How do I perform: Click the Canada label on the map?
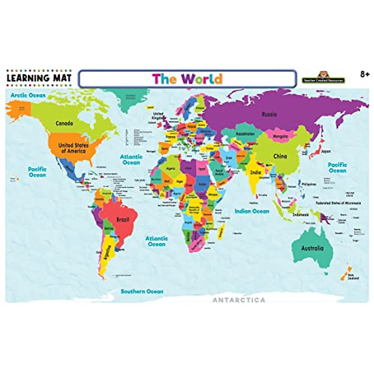(64, 123)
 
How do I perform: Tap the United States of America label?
(73, 148)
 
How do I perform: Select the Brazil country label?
(122, 219)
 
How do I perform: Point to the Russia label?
(269, 114)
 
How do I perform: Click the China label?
(280, 156)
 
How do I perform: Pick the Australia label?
(312, 248)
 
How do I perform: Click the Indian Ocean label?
(252, 211)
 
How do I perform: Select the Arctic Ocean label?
(28, 95)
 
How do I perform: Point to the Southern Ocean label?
(142, 291)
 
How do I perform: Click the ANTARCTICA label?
(239, 300)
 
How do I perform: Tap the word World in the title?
(202, 79)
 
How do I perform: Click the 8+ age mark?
(365, 75)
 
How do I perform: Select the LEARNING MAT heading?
(39, 78)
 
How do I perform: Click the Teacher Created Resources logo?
(323, 78)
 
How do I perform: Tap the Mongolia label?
(280, 137)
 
